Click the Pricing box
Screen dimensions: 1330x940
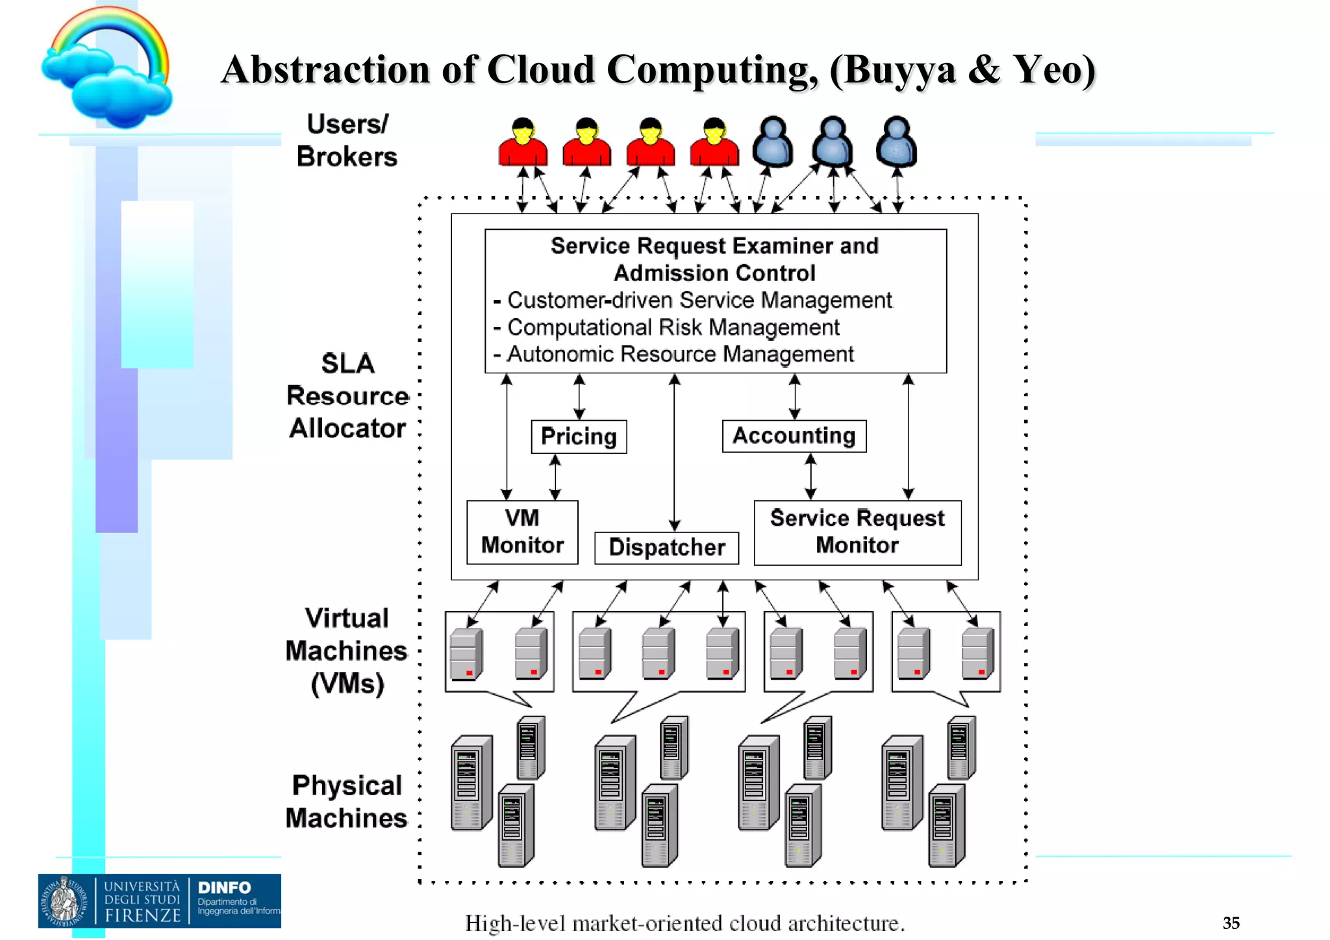[579, 436]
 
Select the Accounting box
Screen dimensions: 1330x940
[794, 436]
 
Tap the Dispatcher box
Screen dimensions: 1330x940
[666, 547]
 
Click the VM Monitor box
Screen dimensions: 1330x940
[522, 532]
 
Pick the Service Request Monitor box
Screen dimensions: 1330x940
[857, 532]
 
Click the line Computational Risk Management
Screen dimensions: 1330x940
[673, 327]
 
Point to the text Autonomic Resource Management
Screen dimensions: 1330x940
[679, 354]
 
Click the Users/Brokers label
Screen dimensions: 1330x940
[347, 140]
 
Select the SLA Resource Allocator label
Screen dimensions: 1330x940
[347, 396]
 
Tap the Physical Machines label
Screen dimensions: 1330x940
[347, 802]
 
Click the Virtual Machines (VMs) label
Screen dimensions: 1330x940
[347, 650]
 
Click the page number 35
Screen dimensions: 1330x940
[1231, 922]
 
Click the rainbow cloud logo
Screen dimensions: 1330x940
[108, 68]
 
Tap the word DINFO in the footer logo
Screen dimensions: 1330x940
[224, 887]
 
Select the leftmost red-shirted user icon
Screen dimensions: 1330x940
[523, 142]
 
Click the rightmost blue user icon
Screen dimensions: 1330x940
[896, 141]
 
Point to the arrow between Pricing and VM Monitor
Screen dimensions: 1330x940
[555, 476]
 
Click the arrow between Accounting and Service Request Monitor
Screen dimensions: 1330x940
[810, 476]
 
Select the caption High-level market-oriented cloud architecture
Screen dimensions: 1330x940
[684, 922]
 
